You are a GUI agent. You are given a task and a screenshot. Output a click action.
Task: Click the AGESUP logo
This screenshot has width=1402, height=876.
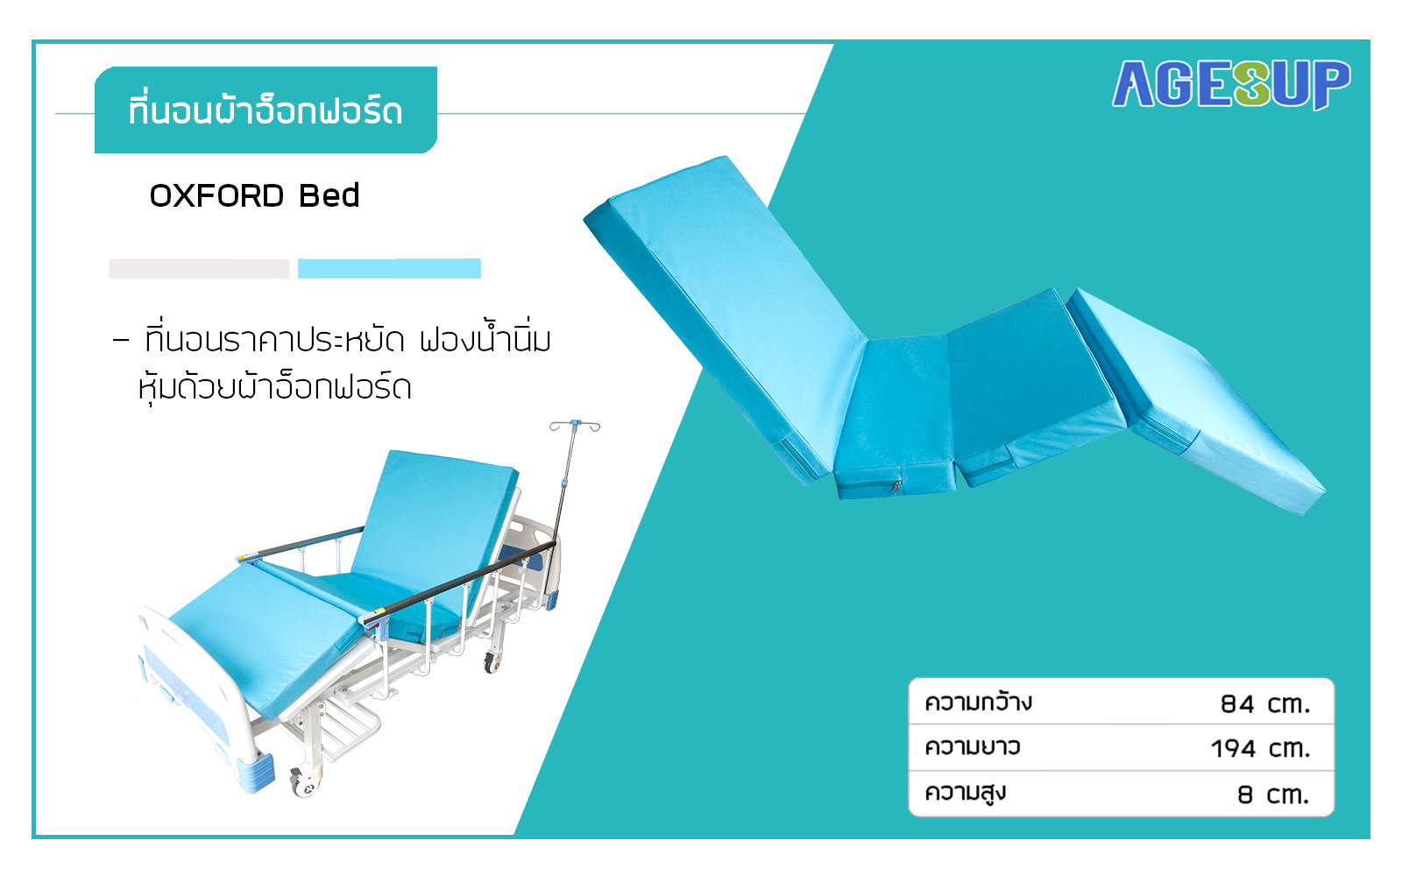[x=1230, y=84]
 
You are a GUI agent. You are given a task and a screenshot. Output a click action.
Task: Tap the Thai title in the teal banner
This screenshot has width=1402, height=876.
[x=266, y=110]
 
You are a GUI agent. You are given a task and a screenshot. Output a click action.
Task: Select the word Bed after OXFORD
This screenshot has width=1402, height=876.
[x=329, y=196]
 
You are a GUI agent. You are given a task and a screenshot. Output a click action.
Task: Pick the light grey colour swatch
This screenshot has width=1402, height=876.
[x=199, y=268]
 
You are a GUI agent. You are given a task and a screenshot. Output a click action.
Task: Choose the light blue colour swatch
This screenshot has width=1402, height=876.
[x=389, y=268]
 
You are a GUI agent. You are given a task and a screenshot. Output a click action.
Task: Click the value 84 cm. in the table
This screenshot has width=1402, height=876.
[x=1265, y=704]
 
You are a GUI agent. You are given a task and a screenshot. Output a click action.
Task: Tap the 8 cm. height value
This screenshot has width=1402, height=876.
[x=1273, y=795]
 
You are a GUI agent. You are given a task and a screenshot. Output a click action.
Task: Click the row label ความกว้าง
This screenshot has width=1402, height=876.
[x=978, y=702]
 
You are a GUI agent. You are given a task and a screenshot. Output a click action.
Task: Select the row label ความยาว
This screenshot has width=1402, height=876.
[x=973, y=747]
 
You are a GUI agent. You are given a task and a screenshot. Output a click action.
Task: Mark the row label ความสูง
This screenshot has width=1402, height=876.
[x=965, y=793]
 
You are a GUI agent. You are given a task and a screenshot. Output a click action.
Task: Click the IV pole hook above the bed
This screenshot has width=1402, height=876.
[x=575, y=426]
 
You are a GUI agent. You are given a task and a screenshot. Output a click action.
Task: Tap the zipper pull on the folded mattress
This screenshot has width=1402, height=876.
[x=897, y=487]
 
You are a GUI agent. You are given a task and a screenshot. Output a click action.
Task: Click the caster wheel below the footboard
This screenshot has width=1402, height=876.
[x=304, y=782]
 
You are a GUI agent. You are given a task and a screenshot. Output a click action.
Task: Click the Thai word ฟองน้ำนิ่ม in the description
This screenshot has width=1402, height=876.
[x=485, y=340]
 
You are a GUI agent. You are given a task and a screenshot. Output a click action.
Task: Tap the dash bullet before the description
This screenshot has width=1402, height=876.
[x=121, y=341]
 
